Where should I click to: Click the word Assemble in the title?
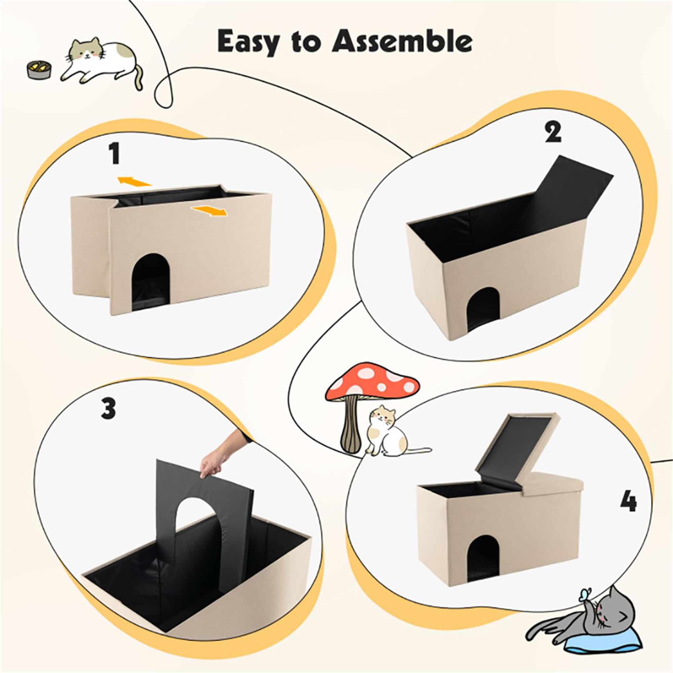coord(402,42)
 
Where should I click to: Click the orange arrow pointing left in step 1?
coord(134,181)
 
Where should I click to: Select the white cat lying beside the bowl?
coord(101,63)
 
